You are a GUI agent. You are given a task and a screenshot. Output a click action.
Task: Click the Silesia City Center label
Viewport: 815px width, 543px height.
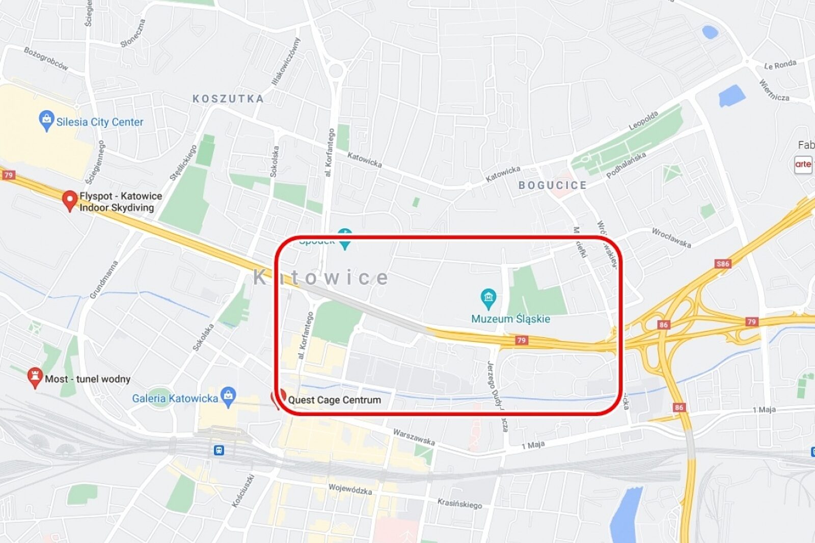click(100, 122)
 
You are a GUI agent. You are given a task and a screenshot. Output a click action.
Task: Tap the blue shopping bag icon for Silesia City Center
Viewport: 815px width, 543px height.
click(46, 121)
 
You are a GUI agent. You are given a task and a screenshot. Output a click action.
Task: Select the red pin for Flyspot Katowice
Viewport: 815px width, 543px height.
click(69, 200)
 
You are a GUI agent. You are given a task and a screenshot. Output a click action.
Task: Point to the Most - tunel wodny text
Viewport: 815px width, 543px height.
click(88, 379)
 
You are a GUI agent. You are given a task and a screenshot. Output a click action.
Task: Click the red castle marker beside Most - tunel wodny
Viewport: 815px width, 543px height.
click(34, 377)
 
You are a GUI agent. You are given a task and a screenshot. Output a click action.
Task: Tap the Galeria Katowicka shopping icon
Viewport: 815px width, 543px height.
click(229, 396)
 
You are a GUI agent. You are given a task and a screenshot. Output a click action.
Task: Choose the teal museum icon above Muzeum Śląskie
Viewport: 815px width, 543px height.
click(488, 297)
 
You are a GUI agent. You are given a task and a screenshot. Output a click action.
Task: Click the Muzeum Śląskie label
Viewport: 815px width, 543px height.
click(510, 319)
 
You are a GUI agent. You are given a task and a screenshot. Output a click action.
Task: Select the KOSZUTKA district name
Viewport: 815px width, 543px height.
click(228, 99)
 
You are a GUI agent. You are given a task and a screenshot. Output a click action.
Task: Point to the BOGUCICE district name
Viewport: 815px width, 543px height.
click(553, 185)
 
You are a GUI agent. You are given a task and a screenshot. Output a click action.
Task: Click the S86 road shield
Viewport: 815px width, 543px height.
click(723, 264)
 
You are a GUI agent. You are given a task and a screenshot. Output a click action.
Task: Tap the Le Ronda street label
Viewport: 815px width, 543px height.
click(780, 65)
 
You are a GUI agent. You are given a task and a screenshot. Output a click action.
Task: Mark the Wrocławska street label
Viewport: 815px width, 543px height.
click(671, 237)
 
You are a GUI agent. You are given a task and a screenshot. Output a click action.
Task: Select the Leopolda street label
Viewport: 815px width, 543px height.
click(643, 121)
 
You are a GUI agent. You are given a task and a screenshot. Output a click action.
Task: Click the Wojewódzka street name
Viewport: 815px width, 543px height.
click(350, 489)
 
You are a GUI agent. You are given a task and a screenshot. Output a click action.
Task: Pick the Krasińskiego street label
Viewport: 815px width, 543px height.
click(459, 503)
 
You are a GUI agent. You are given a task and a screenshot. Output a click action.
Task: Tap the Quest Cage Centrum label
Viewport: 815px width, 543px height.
click(335, 400)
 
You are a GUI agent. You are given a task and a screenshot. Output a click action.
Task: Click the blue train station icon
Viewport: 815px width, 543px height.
click(219, 450)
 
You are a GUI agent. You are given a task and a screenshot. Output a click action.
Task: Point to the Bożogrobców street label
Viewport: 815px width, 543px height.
click(46, 58)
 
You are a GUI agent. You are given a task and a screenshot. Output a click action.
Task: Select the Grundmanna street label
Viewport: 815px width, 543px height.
click(104, 280)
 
